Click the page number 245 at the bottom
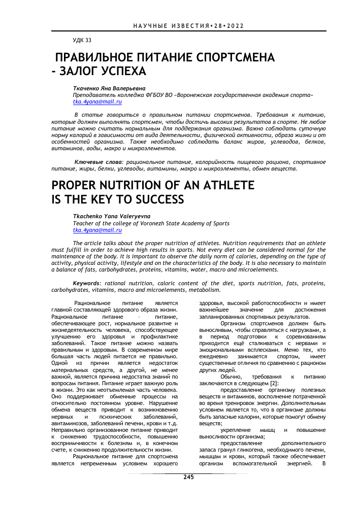click(189, 477)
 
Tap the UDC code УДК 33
click(82, 40)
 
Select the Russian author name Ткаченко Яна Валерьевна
click(109, 88)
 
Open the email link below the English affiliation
click(97, 230)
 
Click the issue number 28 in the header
click(217, 25)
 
